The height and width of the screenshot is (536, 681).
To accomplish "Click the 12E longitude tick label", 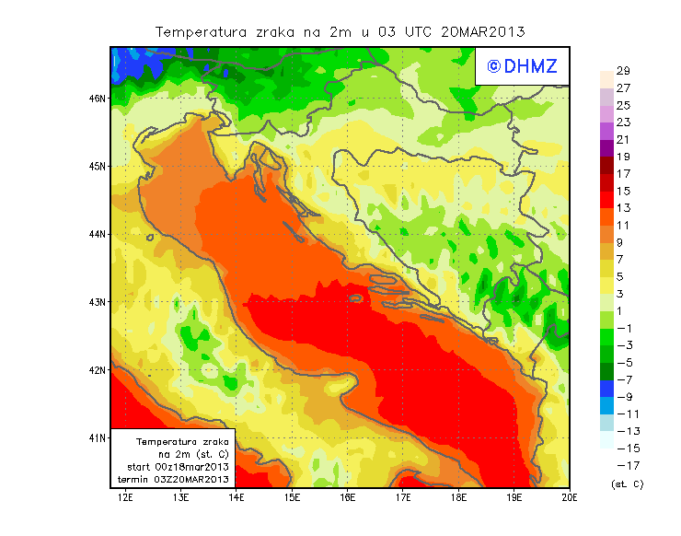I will tap(126, 497).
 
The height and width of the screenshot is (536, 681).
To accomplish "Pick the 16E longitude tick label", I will tap(348, 497).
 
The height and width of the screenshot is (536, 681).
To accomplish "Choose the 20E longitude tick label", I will tap(570, 497).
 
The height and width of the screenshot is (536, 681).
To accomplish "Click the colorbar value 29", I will tap(623, 71).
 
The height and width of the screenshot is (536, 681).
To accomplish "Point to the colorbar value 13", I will tap(623, 208).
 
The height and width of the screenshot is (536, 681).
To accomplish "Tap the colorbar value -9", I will tap(623, 398).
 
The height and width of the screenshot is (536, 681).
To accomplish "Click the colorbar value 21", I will tap(623, 140).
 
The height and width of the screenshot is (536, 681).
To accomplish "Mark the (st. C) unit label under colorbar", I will tap(627, 484).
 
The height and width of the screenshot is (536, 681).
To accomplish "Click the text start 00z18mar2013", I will tap(179, 467).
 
